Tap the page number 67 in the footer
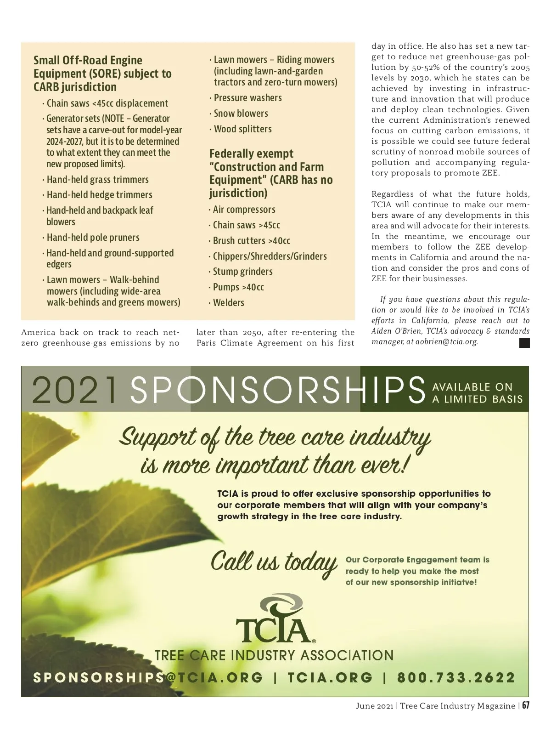click(525, 706)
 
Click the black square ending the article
click(524, 343)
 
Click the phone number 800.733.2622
click(456, 678)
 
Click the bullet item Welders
click(228, 303)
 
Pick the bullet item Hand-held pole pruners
click(93, 238)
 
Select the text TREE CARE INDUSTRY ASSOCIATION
click(274, 655)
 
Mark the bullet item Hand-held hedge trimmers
click(99, 195)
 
